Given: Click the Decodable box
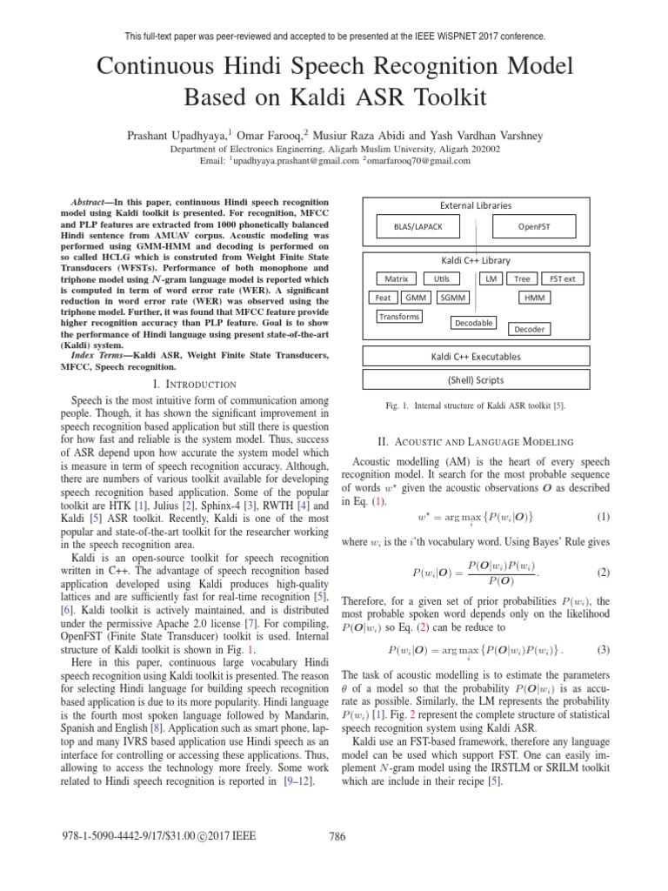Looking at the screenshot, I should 473,323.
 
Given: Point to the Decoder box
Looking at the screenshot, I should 530,329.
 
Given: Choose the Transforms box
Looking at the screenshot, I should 398,317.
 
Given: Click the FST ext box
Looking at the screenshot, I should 562,278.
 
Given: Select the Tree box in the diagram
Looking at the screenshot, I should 522,278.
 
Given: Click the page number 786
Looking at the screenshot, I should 337,837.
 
